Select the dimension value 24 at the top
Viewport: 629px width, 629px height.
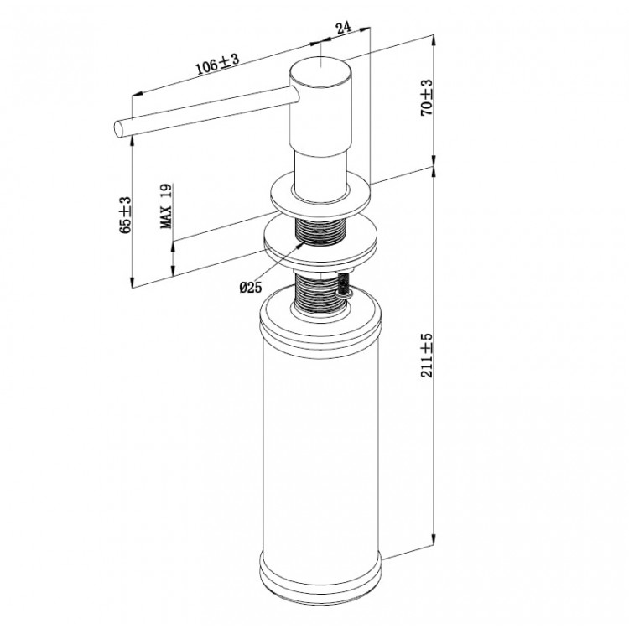[x=342, y=27]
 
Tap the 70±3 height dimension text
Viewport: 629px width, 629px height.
[x=427, y=98]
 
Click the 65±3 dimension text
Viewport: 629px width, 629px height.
[x=125, y=215]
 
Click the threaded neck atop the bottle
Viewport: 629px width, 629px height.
[x=319, y=294]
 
